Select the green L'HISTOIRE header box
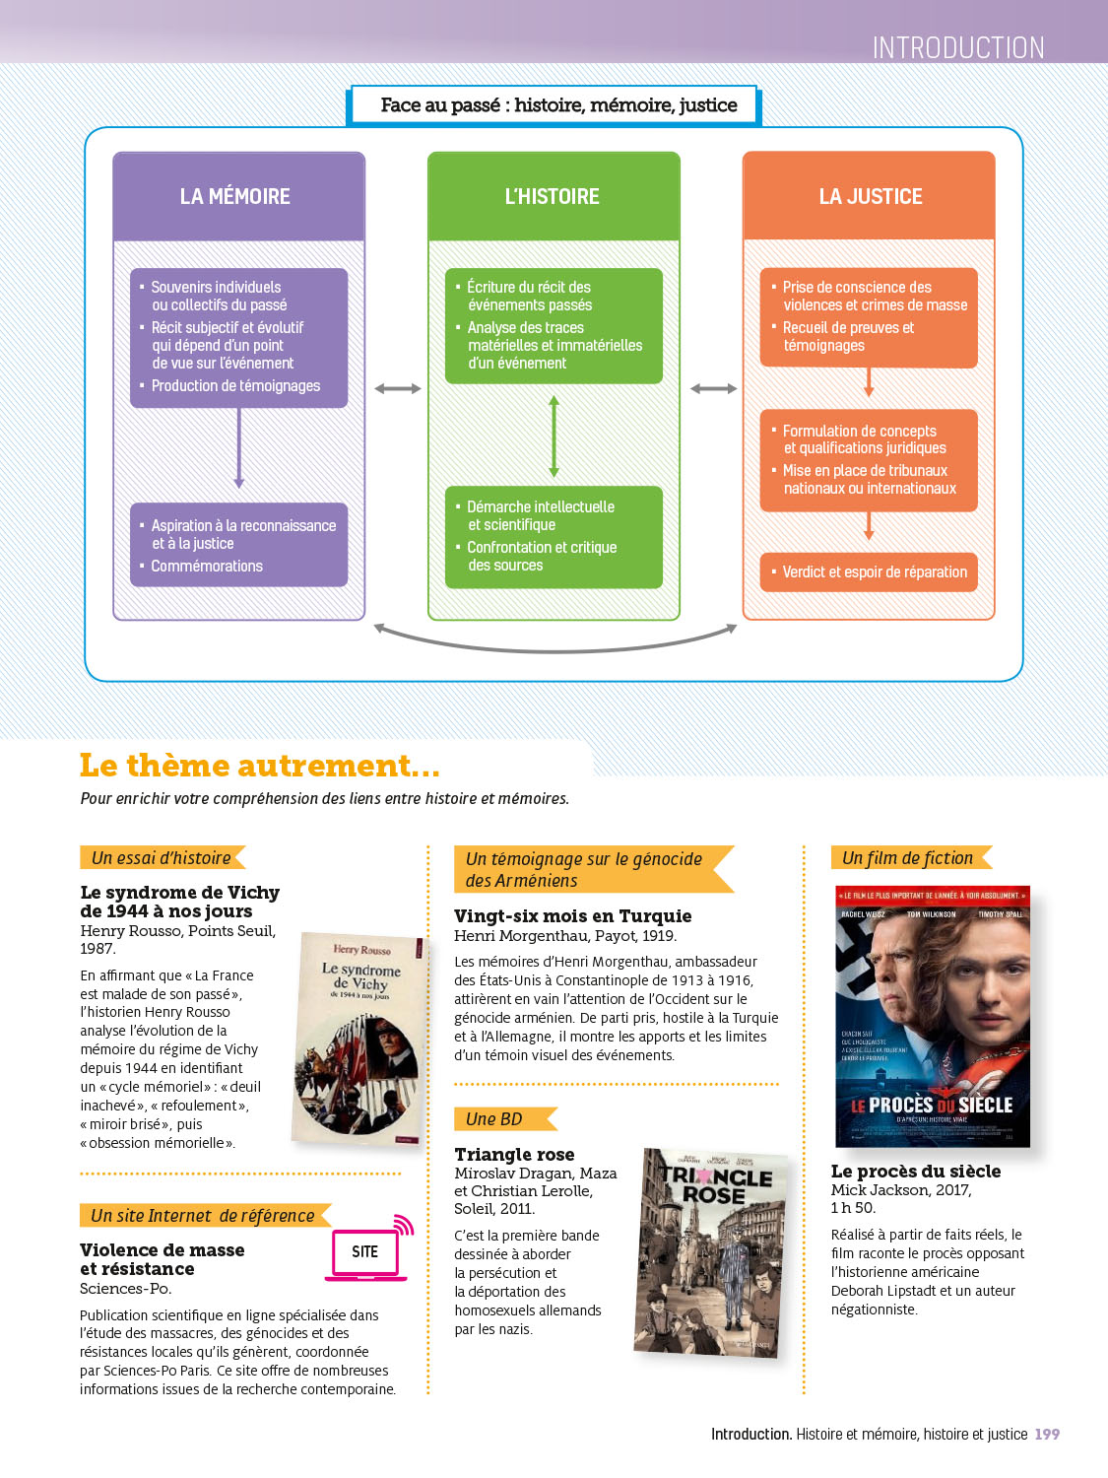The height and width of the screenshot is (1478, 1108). (554, 196)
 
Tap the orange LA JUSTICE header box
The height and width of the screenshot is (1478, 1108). (869, 196)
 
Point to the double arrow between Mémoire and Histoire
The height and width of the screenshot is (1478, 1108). (398, 389)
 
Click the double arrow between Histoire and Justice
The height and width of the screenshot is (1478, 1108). (713, 389)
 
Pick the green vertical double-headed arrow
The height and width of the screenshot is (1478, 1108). (554, 436)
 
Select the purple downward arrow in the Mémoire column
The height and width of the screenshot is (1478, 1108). (238, 448)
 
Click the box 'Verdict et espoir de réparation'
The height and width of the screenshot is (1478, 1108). (869, 572)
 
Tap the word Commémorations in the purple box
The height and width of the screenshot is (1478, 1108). (207, 567)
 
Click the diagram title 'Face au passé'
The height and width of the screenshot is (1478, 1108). (557, 105)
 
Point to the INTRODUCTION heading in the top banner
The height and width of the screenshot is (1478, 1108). (957, 47)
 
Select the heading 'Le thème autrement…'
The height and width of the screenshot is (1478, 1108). (260, 766)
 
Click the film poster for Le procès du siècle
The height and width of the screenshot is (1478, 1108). (932, 1017)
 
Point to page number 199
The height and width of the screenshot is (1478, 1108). (1047, 1435)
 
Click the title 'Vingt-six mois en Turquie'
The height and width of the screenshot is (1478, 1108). (572, 916)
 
